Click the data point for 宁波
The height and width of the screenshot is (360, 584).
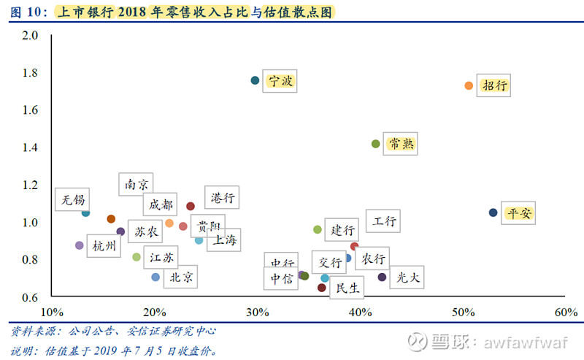pyautogui.click(x=255, y=80)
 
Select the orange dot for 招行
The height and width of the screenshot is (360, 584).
pyautogui.click(x=469, y=85)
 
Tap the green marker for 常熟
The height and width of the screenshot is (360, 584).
pyautogui.click(x=376, y=144)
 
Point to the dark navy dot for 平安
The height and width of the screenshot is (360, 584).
pyautogui.click(x=493, y=212)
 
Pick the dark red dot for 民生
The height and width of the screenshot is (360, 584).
pyautogui.click(x=322, y=288)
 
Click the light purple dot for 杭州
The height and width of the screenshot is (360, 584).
pyautogui.click(x=80, y=245)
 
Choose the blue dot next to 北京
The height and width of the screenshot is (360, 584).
pyautogui.click(x=155, y=277)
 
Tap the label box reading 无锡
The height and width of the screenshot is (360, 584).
pyautogui.click(x=74, y=199)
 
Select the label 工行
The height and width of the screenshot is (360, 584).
pyautogui.click(x=383, y=221)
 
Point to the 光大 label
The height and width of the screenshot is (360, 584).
pyautogui.click(x=407, y=277)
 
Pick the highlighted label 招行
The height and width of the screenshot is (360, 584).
pyautogui.click(x=494, y=85)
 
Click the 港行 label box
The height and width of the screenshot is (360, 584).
pyautogui.click(x=222, y=197)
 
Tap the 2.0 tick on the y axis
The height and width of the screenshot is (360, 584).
pyautogui.click(x=30, y=34)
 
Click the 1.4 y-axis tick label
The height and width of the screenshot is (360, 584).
pyautogui.click(x=30, y=147)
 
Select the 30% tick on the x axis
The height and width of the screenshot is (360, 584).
pyautogui.click(x=257, y=312)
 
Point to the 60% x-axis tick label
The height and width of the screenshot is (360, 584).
pyautogui.click(x=566, y=312)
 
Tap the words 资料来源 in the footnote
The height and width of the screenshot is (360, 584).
pyautogui.click(x=32, y=331)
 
